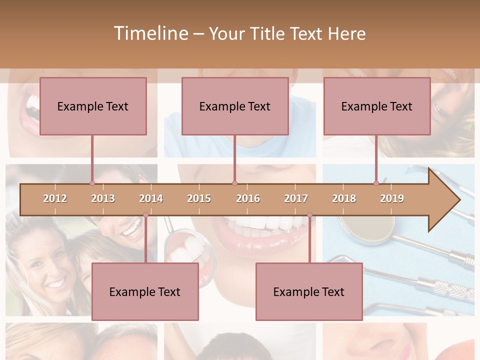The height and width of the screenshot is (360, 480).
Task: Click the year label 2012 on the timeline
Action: [55, 198]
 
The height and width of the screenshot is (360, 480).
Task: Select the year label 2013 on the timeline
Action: [103, 198]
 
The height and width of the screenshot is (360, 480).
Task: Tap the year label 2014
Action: [151, 198]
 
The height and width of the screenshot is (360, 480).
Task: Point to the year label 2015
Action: [199, 198]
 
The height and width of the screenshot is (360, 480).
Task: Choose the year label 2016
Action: [248, 198]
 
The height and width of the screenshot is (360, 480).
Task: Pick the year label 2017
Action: [296, 198]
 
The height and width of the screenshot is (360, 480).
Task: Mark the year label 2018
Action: [344, 198]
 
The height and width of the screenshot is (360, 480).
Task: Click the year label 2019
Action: [392, 198]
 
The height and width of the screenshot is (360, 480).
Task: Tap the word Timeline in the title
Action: [150, 33]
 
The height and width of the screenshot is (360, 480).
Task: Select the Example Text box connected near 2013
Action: [93, 106]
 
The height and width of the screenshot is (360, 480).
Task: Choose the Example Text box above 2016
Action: [235, 106]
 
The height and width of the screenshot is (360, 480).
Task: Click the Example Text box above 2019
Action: [377, 106]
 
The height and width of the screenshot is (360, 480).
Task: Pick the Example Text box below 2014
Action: [145, 291]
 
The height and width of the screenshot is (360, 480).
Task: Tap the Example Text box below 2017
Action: [309, 291]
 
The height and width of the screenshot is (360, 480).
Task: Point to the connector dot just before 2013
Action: [92, 183]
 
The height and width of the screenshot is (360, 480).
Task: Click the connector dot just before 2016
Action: [234, 183]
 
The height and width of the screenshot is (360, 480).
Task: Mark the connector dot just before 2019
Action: [376, 183]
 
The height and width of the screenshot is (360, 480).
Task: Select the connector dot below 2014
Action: [145, 215]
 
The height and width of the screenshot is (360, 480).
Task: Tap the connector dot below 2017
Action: [309, 215]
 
